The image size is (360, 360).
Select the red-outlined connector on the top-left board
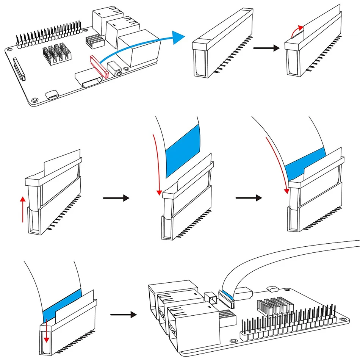(x=99, y=67)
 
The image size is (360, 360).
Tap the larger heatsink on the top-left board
(x=56, y=53)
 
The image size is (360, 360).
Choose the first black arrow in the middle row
(x=116, y=198)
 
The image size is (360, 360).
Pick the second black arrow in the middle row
(x=249, y=198)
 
